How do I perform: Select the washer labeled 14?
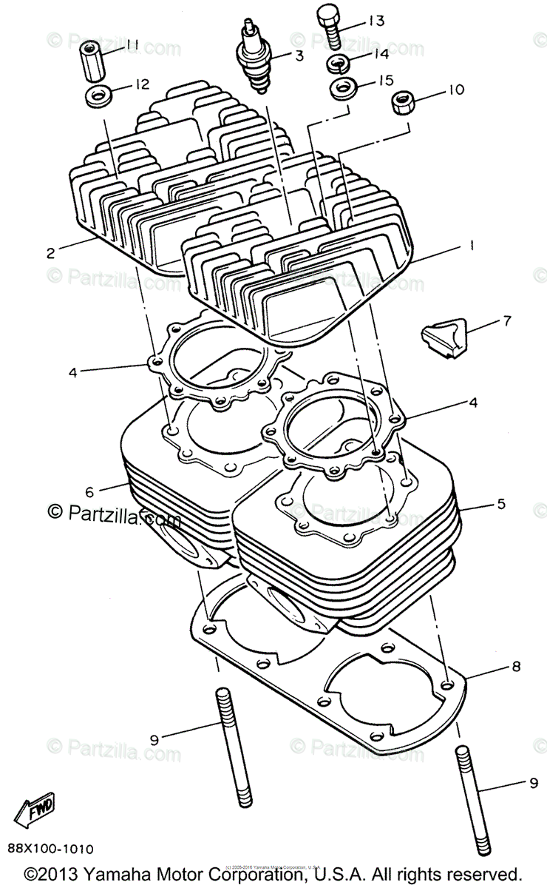[339, 62]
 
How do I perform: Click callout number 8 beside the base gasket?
[515, 666]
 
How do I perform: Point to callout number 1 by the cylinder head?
[469, 245]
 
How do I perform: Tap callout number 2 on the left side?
[50, 252]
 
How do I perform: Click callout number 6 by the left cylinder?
[89, 491]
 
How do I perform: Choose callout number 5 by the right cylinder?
[500, 505]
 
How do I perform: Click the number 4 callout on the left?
[72, 372]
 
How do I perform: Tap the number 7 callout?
[506, 322]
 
